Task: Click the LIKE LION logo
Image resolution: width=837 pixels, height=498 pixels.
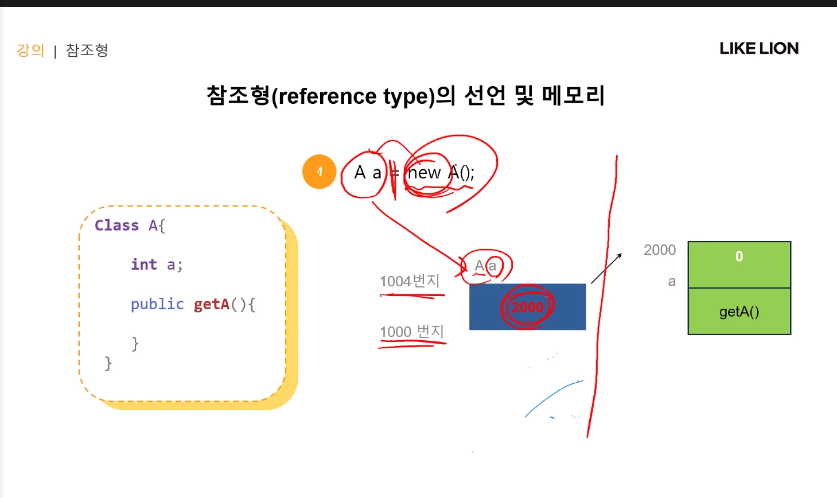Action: point(758,49)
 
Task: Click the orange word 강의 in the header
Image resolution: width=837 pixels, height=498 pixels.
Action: point(30,50)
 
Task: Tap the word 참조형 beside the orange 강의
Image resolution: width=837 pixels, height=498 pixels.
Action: point(87,50)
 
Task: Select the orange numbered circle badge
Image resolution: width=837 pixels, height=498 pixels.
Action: point(319,172)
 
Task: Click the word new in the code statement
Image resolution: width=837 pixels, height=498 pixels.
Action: point(425,173)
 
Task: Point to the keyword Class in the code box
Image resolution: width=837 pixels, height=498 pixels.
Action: point(116,225)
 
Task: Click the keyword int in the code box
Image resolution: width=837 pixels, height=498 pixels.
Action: point(143,264)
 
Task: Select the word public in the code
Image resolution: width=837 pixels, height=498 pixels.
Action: point(157,304)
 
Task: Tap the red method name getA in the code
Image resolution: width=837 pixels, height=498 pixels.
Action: point(212,304)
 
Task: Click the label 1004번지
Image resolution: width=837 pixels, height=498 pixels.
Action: point(410,281)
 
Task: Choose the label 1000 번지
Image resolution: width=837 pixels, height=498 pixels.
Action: point(411,332)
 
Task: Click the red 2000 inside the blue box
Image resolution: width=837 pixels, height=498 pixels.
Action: point(527,308)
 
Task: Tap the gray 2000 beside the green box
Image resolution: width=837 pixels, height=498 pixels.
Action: point(660,250)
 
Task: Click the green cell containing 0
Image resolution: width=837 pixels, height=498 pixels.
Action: point(739,264)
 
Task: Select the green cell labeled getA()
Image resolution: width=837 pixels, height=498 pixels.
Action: point(739,312)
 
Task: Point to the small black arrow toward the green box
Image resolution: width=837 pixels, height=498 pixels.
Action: point(606,269)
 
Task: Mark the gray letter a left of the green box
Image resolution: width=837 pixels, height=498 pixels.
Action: point(672,282)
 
